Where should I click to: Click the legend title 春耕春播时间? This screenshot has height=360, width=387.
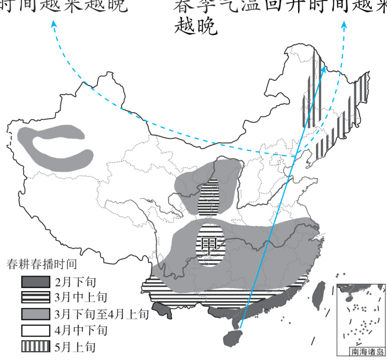[x=41, y=264]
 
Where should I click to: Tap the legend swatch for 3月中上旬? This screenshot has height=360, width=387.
[x=35, y=297]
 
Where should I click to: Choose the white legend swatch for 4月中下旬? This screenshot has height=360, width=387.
[x=35, y=330]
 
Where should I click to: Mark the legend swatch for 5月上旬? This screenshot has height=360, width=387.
[x=35, y=346]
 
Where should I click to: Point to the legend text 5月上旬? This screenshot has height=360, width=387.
[x=75, y=347]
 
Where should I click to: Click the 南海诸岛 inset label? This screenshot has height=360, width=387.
[x=367, y=351]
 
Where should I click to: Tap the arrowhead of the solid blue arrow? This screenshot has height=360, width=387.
[x=323, y=68]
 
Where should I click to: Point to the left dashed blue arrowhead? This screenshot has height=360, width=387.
[x=54, y=24]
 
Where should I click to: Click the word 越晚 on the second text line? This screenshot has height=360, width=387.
[x=196, y=26]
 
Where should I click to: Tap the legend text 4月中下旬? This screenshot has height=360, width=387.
[x=81, y=330]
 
